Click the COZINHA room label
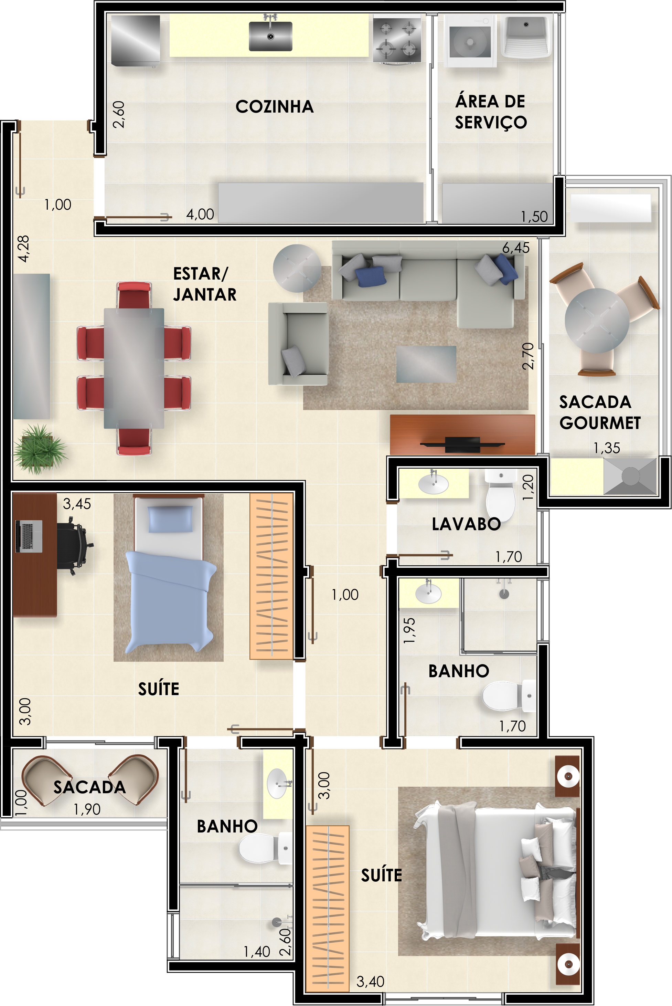click(275, 107)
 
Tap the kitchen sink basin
click(270, 36)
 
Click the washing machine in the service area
click(470, 41)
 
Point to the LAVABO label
click(466, 524)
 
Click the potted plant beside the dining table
click(40, 449)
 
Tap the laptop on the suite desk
click(29, 536)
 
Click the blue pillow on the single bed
click(170, 519)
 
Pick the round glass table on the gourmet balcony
click(597, 320)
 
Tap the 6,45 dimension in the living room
click(515, 248)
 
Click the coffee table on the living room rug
click(426, 364)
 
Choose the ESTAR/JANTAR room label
click(205, 284)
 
